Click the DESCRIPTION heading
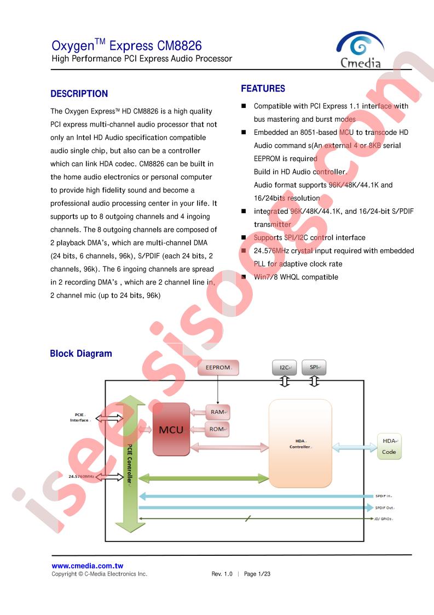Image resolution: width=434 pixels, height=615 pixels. point(79,94)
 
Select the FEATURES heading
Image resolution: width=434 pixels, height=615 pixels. point(263,89)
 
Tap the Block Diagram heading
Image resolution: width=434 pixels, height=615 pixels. point(81,354)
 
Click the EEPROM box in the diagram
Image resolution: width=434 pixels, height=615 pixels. point(218,367)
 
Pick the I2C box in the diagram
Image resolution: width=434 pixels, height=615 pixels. point(285,367)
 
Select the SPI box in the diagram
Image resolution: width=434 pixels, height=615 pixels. point(314,367)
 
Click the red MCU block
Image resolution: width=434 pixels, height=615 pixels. point(171,430)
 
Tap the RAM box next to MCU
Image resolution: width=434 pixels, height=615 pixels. point(217,412)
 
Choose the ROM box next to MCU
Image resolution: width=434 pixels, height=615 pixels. point(217,429)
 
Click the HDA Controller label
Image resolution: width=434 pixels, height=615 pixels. point(300,444)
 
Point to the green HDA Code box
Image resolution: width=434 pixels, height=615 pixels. point(389,446)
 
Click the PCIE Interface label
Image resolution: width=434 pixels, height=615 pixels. point(80,417)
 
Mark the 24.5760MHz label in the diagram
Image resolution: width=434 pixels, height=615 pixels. point(82,476)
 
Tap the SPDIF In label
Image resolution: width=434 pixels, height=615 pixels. point(384,496)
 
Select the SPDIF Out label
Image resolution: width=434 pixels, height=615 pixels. point(385,508)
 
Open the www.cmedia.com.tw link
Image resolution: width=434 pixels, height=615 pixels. point(88,566)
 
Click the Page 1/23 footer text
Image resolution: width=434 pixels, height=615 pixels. point(257,574)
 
